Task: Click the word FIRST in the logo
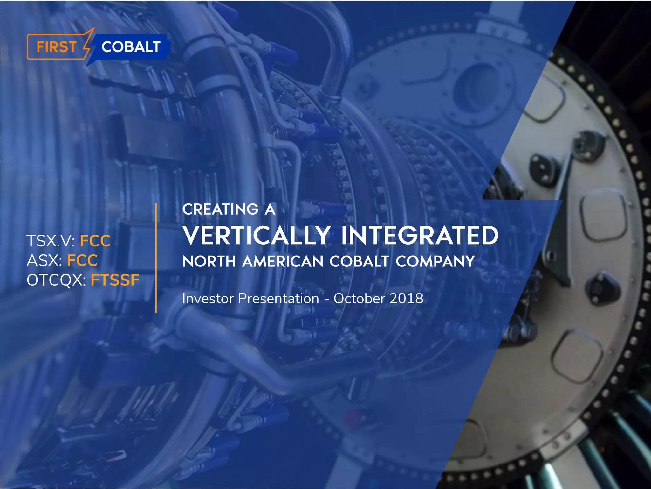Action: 56,47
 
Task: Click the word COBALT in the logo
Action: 131,47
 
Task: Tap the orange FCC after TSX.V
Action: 95,241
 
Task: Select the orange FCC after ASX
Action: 82,260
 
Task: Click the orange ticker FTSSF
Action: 115,280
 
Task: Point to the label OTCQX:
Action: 56,280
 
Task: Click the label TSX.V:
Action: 51,241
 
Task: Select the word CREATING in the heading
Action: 220,209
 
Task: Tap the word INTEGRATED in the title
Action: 420,236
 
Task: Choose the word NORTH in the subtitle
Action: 209,262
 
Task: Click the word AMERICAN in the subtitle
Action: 283,262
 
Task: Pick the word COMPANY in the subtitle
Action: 435,262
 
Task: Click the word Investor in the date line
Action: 208,299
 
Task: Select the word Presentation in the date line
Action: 278,299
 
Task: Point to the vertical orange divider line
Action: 156,258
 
